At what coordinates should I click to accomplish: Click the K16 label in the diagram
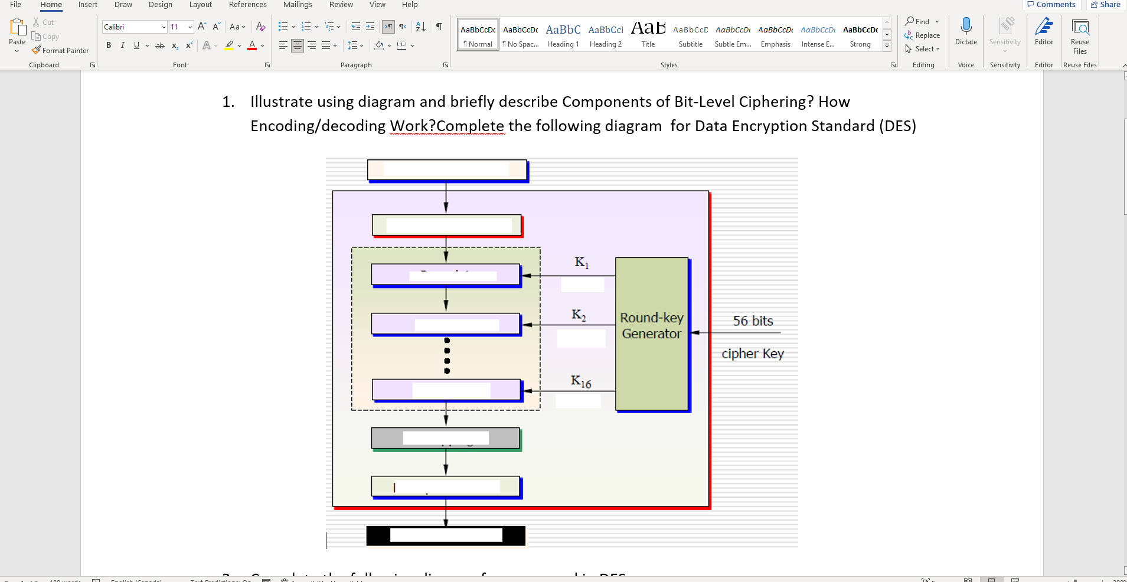[581, 382]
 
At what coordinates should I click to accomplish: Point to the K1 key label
[582, 262]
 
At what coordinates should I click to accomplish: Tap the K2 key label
[579, 315]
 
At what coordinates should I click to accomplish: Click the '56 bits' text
[753, 321]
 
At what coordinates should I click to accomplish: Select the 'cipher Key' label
[752, 354]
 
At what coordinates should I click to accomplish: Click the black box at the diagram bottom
[446, 535]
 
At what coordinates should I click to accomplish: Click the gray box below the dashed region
[446, 438]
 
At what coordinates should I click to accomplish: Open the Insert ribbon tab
[87, 5]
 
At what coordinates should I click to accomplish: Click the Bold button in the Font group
[109, 45]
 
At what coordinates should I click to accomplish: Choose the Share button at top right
[1105, 5]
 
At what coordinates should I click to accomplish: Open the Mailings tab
[298, 5]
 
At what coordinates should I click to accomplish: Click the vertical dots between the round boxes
[447, 356]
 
